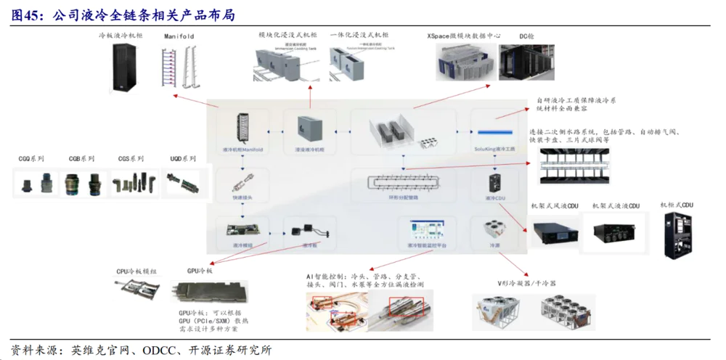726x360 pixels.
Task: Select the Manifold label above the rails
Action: [179, 36]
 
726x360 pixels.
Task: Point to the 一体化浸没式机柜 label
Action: [359, 35]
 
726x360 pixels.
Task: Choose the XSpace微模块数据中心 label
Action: [464, 35]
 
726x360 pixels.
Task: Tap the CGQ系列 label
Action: [31, 158]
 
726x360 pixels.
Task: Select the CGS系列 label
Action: [131, 158]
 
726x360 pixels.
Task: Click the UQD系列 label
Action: [183, 158]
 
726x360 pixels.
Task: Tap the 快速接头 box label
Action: [242, 197]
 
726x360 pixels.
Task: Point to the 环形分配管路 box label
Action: [403, 197]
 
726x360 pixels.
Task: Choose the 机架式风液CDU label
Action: [555, 207]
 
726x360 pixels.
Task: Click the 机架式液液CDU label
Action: [616, 207]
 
